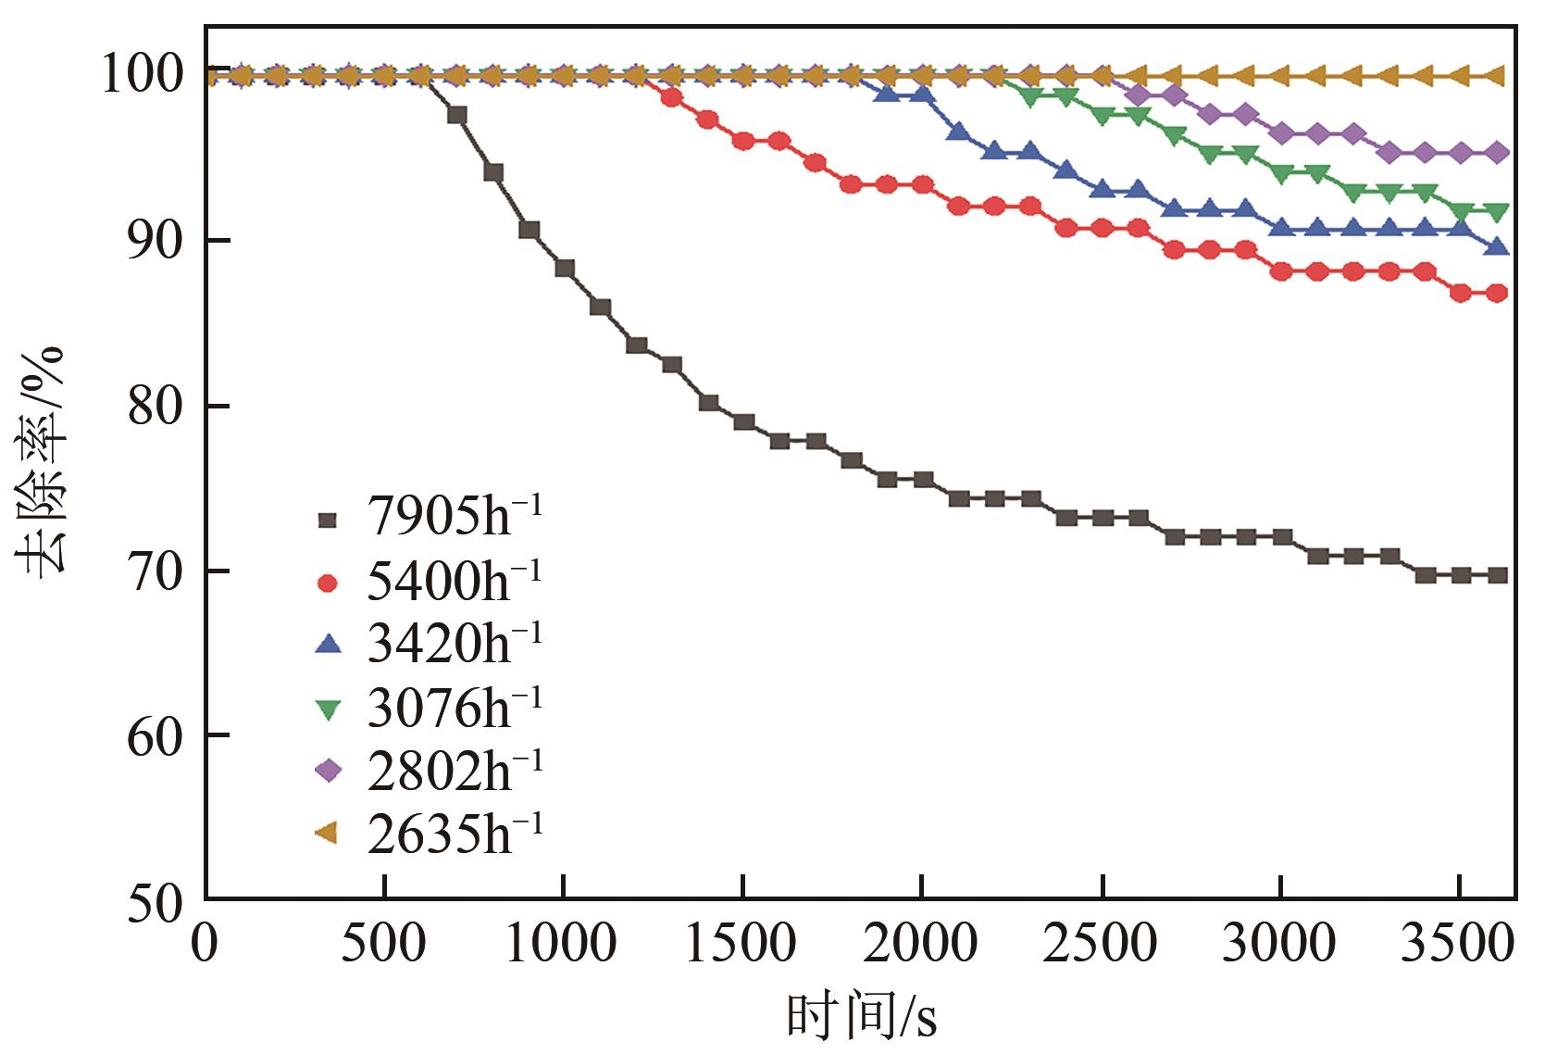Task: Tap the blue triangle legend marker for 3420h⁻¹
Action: click(x=328, y=646)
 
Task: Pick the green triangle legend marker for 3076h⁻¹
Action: click(x=328, y=709)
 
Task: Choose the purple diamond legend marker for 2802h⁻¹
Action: click(x=328, y=771)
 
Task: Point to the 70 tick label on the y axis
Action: click(x=155, y=571)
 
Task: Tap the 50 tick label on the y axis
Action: click(x=155, y=900)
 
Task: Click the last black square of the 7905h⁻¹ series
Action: click(x=1497, y=575)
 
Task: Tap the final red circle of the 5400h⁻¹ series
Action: click(x=1497, y=294)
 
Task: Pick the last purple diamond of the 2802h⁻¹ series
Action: click(x=1497, y=153)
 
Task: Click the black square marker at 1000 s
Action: click(x=564, y=269)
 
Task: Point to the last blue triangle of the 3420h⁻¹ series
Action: click(x=1497, y=247)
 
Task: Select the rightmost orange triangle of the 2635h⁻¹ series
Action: click(x=1497, y=76)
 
